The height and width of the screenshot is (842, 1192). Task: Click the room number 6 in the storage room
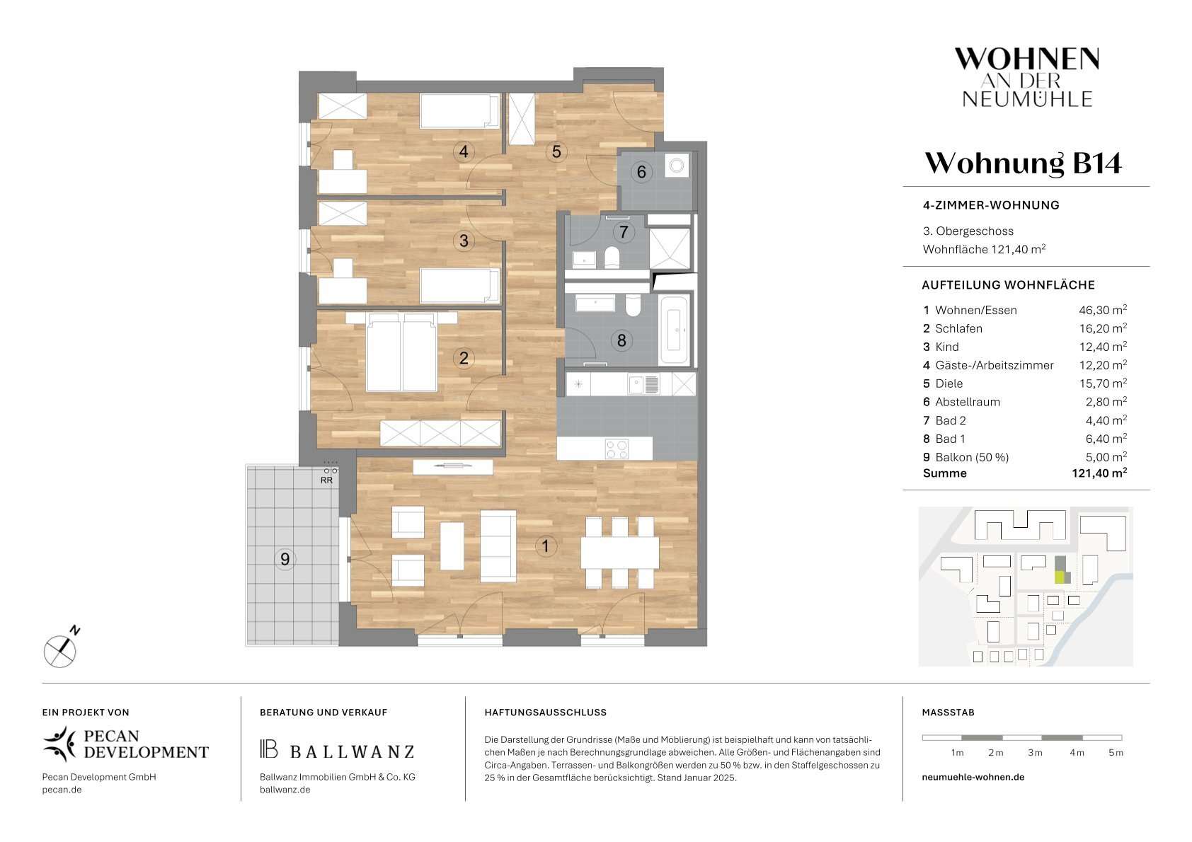click(641, 172)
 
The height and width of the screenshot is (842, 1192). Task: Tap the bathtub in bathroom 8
click(674, 330)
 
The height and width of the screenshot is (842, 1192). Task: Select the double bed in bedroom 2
click(402, 352)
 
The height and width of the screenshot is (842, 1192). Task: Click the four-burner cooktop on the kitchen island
click(617, 448)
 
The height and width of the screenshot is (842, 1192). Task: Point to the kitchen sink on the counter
click(643, 383)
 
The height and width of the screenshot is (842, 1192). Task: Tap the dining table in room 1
click(619, 553)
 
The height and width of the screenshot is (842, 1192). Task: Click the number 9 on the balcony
click(285, 559)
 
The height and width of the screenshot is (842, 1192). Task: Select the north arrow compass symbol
click(61, 649)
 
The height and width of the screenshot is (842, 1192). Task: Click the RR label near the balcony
click(326, 480)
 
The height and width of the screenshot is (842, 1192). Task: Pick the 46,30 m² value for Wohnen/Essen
click(1103, 310)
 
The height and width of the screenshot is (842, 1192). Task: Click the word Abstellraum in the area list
click(968, 402)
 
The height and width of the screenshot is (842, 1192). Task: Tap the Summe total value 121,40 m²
click(1099, 473)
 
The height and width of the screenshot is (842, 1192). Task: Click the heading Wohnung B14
click(1024, 163)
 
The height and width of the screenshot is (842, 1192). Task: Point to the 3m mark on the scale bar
click(1034, 753)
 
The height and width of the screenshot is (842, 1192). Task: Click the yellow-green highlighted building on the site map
click(1060, 577)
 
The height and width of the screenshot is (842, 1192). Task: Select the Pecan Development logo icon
click(60, 744)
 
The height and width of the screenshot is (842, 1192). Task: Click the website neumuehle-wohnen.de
click(973, 777)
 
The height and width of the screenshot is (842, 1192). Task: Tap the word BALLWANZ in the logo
click(353, 751)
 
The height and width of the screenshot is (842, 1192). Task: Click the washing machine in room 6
click(677, 166)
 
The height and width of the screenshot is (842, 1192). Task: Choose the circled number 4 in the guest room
click(464, 151)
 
